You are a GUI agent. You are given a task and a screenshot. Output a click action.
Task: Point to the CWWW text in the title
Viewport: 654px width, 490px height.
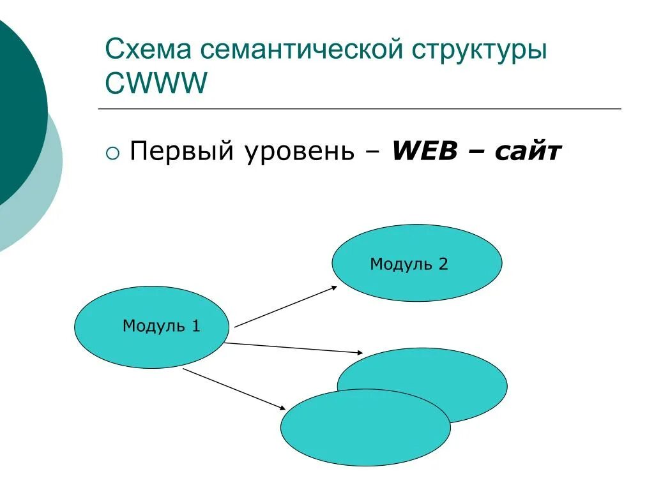click(x=156, y=84)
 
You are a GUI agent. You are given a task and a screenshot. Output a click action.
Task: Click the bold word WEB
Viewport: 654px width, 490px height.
click(x=425, y=152)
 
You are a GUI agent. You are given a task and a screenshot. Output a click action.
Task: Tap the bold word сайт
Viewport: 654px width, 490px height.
click(x=529, y=152)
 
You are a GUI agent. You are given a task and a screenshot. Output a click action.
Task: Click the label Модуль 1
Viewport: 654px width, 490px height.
click(x=162, y=326)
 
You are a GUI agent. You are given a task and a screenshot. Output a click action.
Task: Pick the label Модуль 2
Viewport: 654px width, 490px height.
click(x=409, y=264)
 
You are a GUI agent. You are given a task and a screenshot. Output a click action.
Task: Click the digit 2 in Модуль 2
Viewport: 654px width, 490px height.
click(x=443, y=264)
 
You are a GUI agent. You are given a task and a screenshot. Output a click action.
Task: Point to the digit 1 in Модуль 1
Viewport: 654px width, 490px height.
click(x=196, y=326)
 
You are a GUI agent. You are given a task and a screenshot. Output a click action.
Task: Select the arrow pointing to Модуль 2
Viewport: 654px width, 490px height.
click(x=285, y=307)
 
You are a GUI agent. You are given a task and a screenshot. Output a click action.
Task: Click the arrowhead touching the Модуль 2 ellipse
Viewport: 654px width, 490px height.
click(x=333, y=288)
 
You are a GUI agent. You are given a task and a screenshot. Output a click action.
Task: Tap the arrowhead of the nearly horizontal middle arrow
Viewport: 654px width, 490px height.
click(x=360, y=352)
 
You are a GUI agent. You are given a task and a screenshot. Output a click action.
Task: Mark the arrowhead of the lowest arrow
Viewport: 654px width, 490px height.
click(x=282, y=406)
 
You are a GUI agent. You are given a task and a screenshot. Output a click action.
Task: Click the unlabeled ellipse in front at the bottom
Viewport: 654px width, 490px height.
click(x=365, y=427)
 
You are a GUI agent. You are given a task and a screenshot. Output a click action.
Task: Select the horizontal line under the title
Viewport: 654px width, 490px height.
click(x=360, y=109)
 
